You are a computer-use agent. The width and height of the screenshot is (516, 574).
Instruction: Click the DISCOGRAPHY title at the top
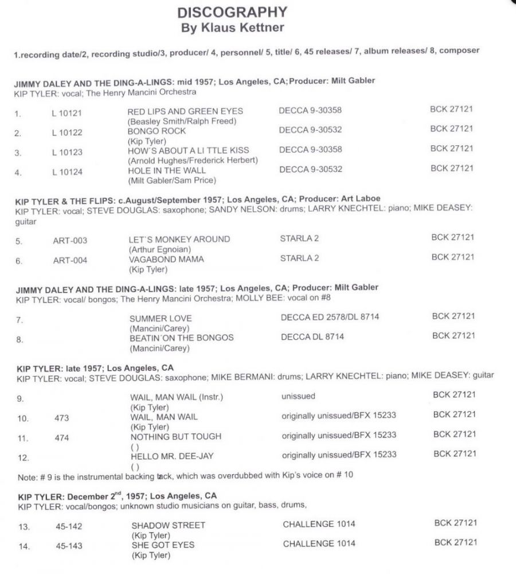pos(232,12)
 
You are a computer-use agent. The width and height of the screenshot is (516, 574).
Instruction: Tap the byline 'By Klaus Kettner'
pos(232,27)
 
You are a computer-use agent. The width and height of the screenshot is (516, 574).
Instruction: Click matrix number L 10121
pos(67,113)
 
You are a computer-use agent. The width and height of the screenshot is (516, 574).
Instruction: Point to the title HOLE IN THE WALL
pos(166,170)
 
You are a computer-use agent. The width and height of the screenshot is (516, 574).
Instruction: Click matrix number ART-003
pos(70,241)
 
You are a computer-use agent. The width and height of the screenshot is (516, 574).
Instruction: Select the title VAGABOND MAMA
pos(167,259)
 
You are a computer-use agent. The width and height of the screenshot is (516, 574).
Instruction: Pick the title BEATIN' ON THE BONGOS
pos(182,338)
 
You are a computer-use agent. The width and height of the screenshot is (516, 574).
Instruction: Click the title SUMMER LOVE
pos(161,318)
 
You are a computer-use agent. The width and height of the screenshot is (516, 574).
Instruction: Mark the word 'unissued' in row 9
pos(298,396)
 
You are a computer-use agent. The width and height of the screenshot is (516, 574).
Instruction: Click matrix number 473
pos(62,418)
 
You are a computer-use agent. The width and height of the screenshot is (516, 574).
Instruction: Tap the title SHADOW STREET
pos(168,525)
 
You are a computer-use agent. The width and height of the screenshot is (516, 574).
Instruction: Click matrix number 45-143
pos(69,546)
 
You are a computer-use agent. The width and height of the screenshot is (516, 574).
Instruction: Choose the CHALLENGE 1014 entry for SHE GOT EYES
pos(319,544)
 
